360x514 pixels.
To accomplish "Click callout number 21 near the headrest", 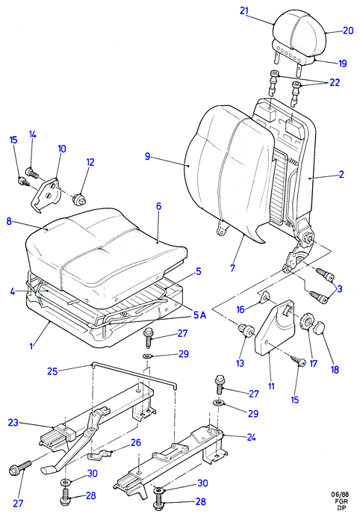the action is coord(244,10).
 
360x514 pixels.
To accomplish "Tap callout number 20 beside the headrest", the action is coord(348,31).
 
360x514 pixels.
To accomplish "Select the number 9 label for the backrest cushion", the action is coord(147,156).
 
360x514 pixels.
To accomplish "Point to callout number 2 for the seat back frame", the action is coord(341,174).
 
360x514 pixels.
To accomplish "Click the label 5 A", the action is coord(200,315).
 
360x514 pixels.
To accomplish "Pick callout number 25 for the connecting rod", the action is coord(52,371).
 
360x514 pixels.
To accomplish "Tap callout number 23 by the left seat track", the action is coord(13,423).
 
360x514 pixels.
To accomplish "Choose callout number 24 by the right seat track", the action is coord(251,437).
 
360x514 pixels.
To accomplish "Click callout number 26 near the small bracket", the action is coord(136,442).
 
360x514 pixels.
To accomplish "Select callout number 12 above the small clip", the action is coord(90,162).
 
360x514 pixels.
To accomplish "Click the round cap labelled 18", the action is coord(320,327).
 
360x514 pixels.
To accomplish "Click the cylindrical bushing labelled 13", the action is coord(246,329).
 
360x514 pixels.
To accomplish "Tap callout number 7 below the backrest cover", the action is coord(232,267).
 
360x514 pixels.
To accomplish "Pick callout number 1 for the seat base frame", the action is coord(31,346).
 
